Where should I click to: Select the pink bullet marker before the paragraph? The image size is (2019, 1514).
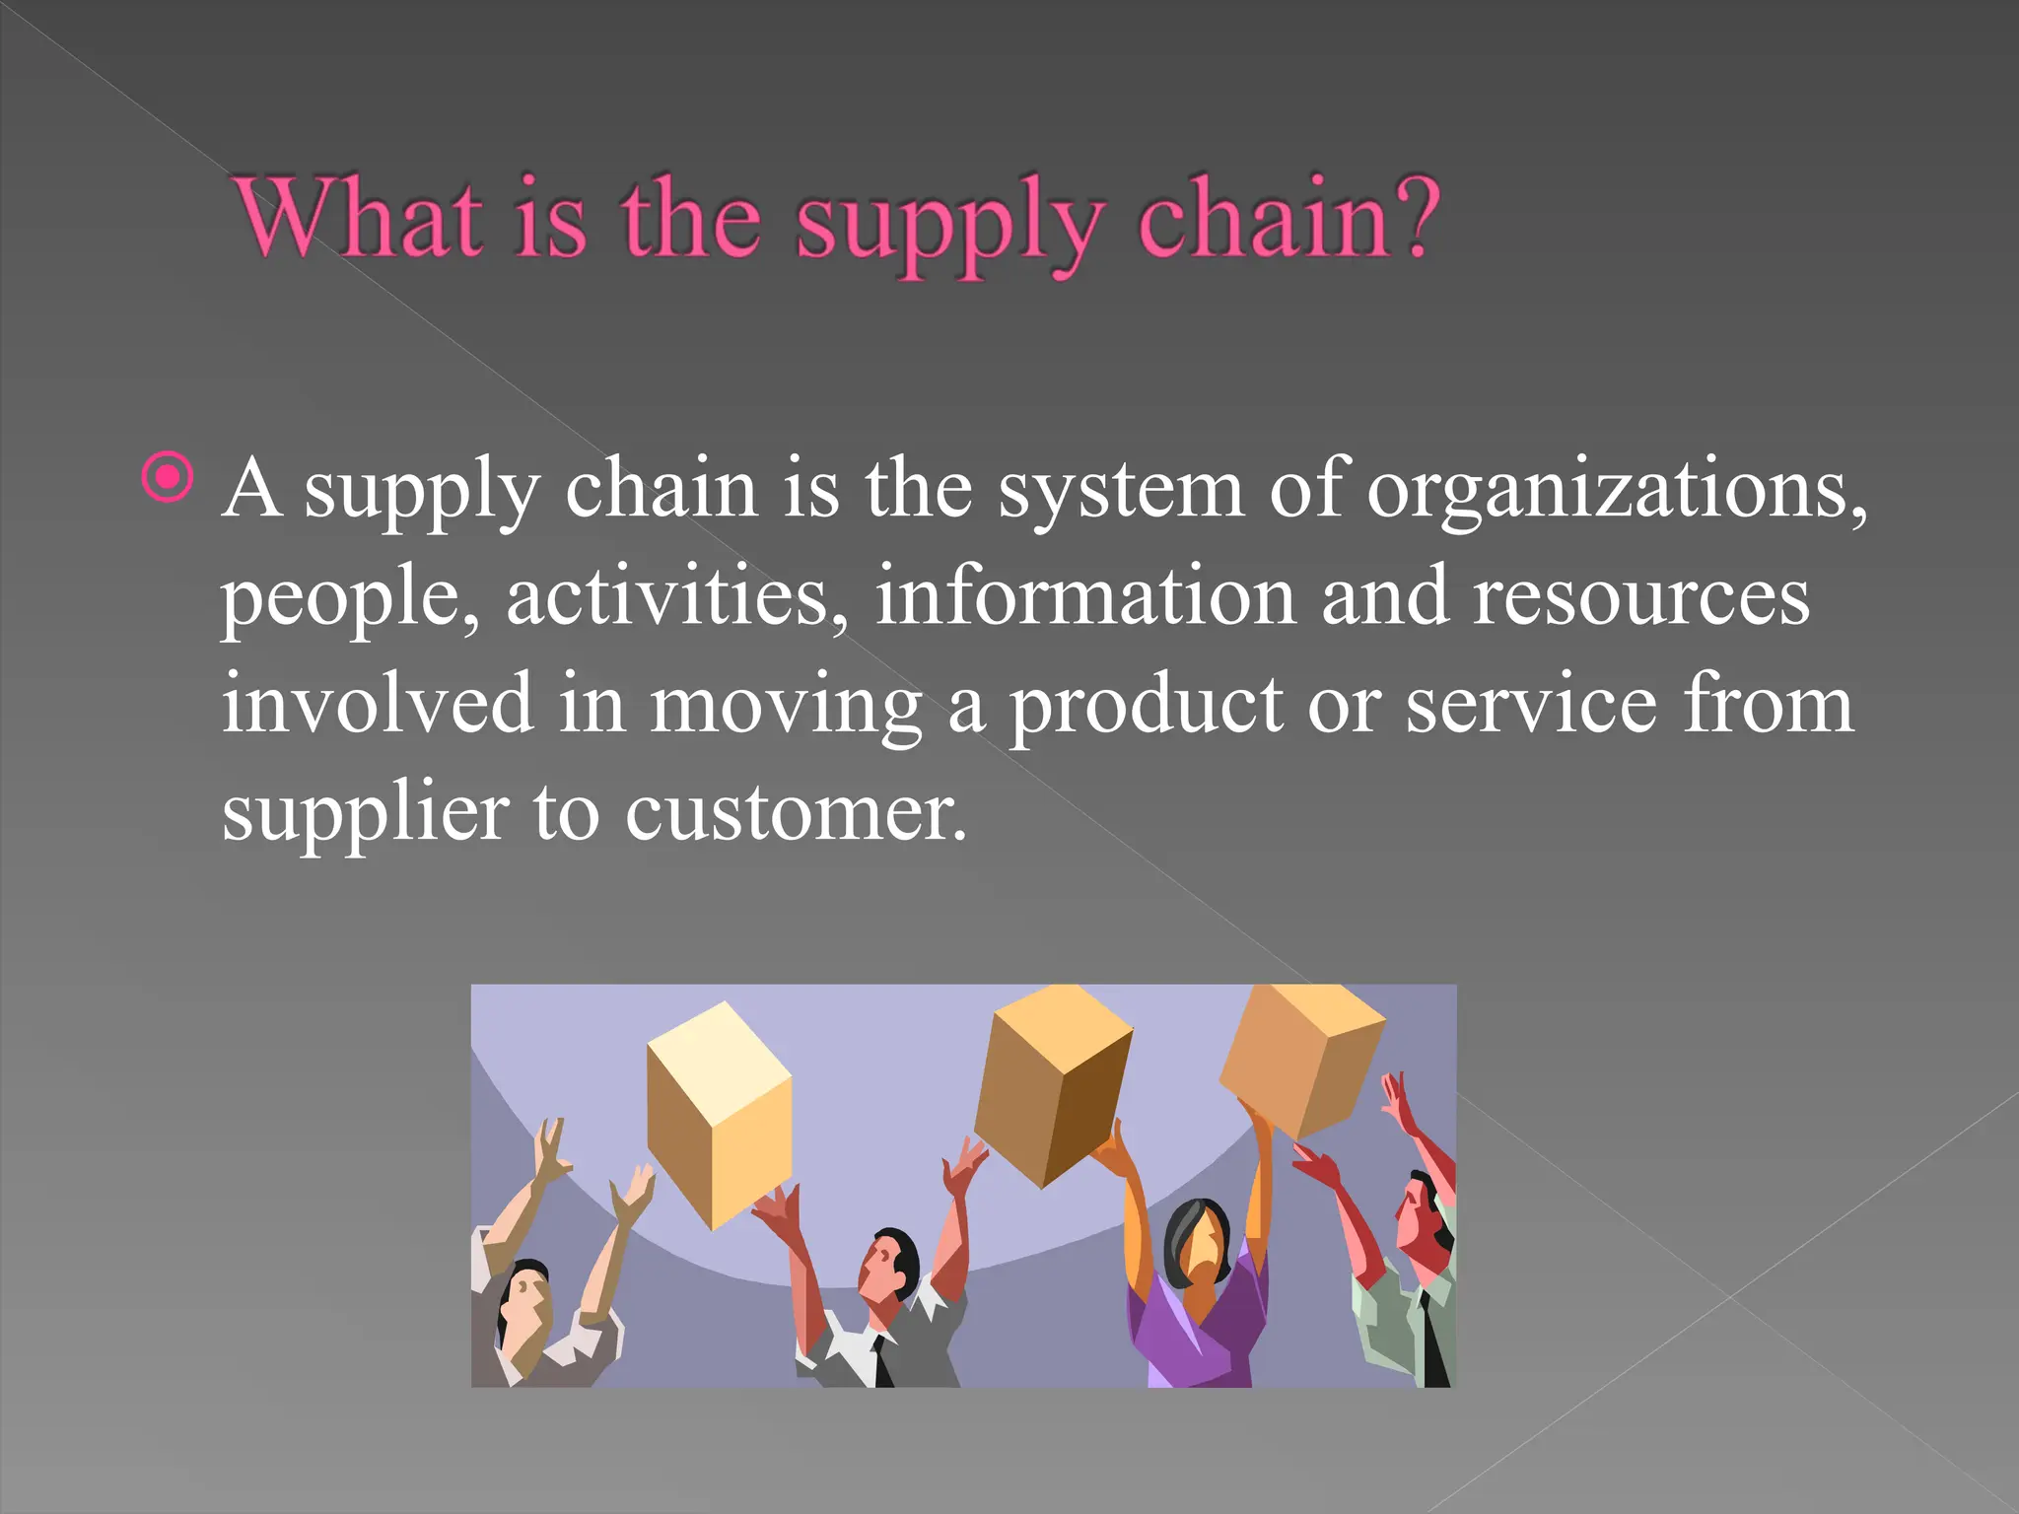click(168, 478)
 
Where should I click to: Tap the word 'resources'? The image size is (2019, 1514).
click(1640, 598)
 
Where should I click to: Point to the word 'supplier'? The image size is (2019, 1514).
click(365, 814)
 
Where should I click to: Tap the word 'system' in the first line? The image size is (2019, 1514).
click(1120, 490)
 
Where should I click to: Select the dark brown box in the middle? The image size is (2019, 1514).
click(1053, 1084)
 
